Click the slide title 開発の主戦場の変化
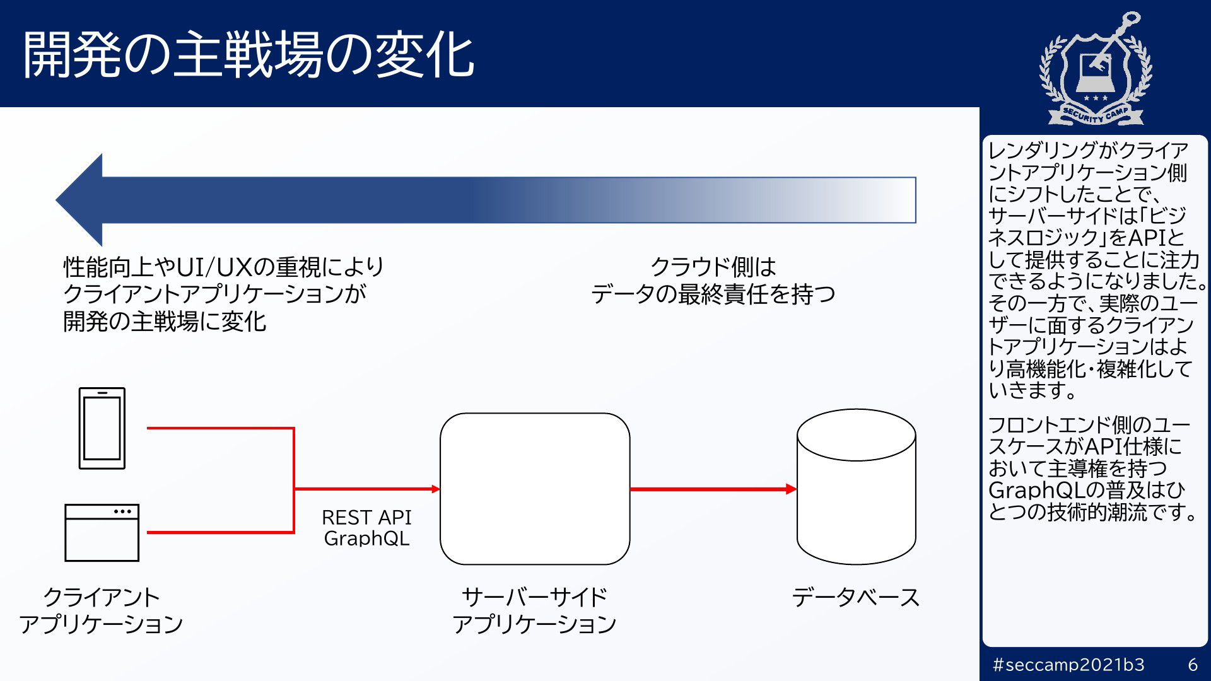[x=248, y=55]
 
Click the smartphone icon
[x=102, y=428]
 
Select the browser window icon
[x=102, y=532]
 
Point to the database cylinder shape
[x=856, y=486]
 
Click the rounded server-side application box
[x=535, y=489]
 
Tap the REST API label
[x=366, y=517]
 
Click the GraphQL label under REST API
[x=366, y=538]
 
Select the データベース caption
[x=855, y=597]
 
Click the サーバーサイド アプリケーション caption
[x=534, y=610]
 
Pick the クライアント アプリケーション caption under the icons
[x=101, y=610]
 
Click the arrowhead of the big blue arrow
[x=79, y=200]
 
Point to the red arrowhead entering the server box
[x=435, y=489]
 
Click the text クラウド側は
[x=713, y=267]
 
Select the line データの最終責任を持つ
[x=713, y=294]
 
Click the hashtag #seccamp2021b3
[x=1068, y=665]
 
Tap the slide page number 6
[x=1193, y=665]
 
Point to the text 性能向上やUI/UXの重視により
[x=223, y=267]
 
